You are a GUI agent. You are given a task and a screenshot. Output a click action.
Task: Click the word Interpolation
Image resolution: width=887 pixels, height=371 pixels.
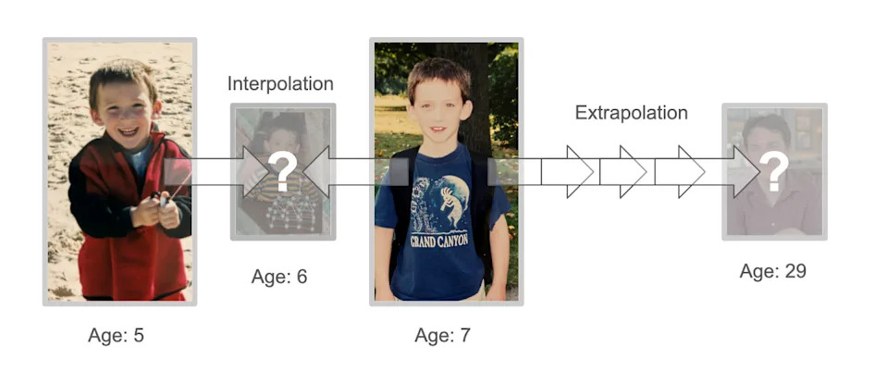click(x=280, y=84)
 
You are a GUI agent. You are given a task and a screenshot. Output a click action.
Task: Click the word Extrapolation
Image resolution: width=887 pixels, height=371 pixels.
click(x=631, y=113)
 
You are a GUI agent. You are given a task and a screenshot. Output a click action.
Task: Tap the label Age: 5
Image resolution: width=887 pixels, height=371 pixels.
click(x=116, y=335)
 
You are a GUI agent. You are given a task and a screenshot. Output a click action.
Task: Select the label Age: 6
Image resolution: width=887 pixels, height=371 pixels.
click(x=278, y=277)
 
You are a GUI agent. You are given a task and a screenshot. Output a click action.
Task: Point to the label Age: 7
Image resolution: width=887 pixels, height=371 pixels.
click(x=442, y=335)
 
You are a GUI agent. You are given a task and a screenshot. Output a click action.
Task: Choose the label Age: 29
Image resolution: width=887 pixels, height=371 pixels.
click(x=772, y=271)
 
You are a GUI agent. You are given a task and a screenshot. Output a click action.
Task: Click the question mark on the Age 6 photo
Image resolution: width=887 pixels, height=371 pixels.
click(x=283, y=171)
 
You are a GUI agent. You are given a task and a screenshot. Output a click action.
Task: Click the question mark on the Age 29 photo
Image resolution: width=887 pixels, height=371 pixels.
click(x=775, y=171)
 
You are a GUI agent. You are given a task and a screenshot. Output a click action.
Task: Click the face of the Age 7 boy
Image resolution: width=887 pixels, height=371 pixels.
click(x=439, y=107)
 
